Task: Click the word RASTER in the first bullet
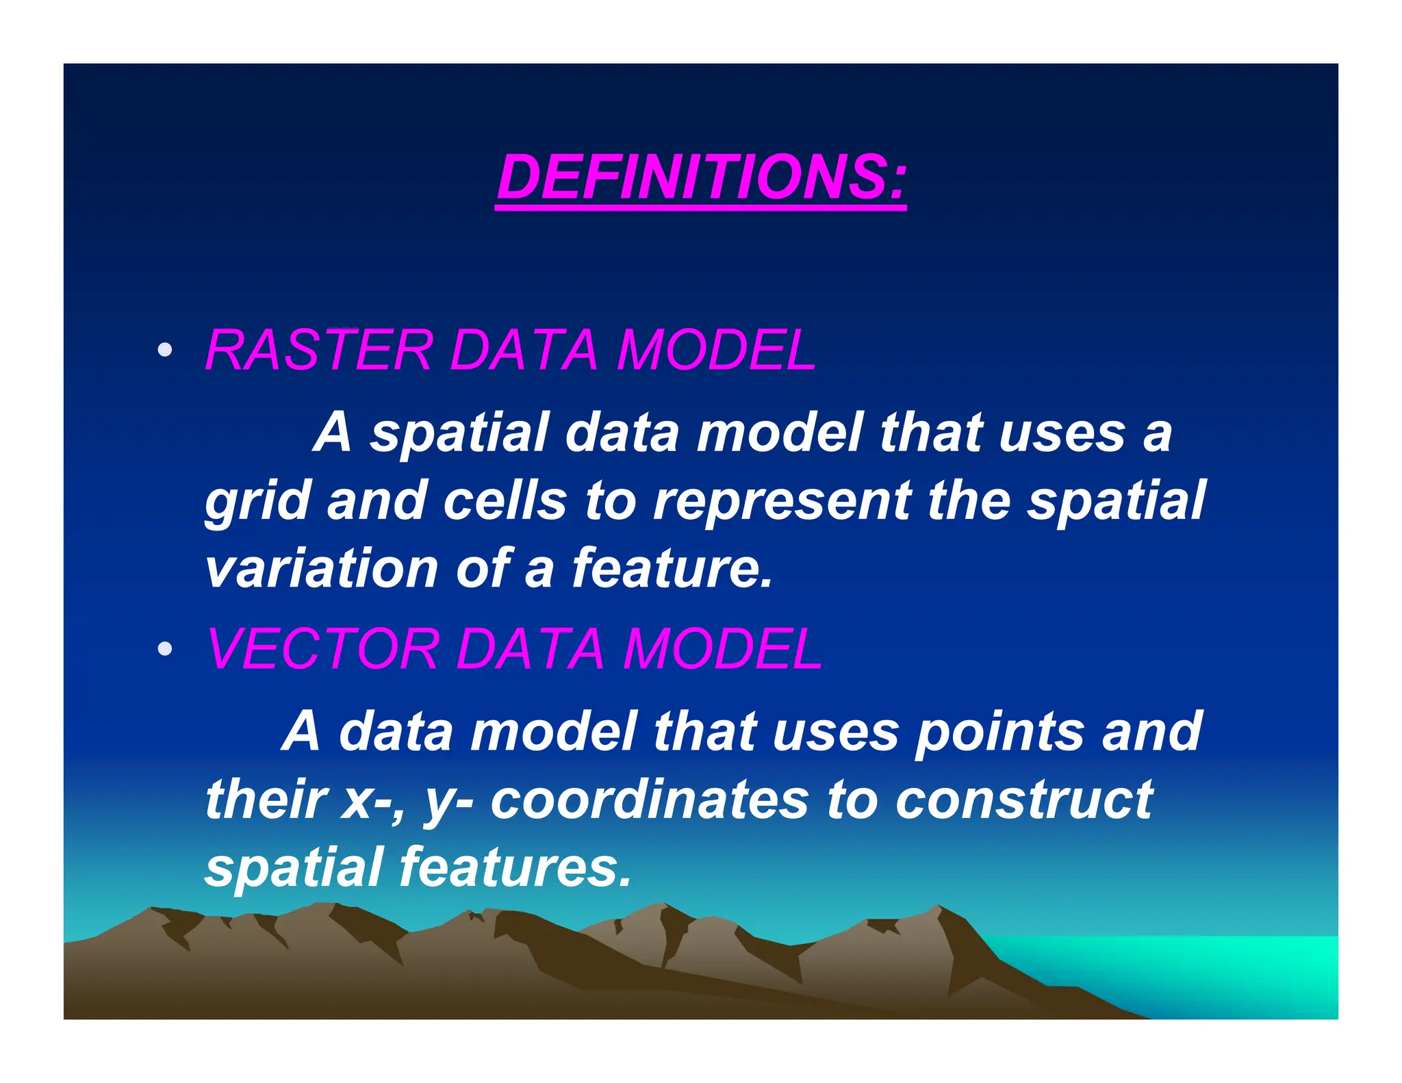318,350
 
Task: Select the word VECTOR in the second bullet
322,648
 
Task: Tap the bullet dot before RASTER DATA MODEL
164,350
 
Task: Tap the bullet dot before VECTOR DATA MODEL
164,648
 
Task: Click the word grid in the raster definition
257,501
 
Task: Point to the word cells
505,501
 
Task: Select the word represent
780,501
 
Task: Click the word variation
322,568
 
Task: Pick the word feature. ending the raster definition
671,568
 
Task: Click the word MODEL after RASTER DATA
715,350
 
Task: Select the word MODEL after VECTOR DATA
722,648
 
